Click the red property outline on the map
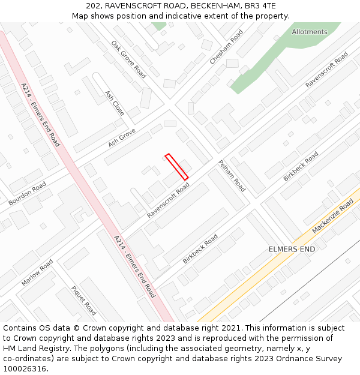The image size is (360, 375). tap(176, 166)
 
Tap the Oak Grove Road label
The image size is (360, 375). tap(128, 59)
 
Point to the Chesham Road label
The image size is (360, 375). tap(226, 47)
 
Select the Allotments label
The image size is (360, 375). tap(310, 32)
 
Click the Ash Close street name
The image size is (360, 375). tap(115, 103)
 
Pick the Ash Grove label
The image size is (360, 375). tap(122, 138)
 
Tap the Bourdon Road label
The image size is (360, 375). tap(27, 194)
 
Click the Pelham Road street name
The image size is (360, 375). tap(232, 176)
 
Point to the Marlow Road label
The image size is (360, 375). tap(37, 272)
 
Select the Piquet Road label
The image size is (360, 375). tap(83, 301)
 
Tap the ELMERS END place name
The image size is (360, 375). tap(292, 248)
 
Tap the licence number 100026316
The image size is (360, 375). tap(25, 369)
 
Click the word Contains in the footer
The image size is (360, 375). tap(20, 328)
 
